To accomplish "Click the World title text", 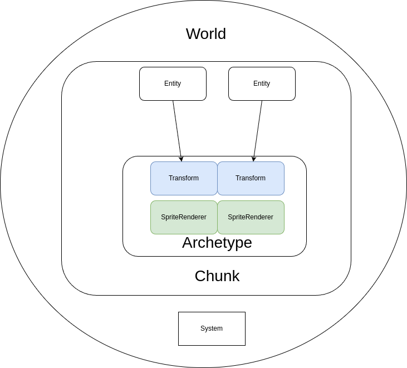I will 206,34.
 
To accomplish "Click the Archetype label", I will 217,243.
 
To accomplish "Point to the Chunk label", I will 217,276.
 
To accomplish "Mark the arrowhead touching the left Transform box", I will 181,159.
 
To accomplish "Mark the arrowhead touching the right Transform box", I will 254,159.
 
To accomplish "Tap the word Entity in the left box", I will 173,84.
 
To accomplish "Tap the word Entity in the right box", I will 262,84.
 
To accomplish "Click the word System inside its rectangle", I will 212,328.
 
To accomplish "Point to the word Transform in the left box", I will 184,178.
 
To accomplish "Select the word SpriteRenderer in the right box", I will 251,217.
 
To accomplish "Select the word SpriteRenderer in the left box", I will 184,217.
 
